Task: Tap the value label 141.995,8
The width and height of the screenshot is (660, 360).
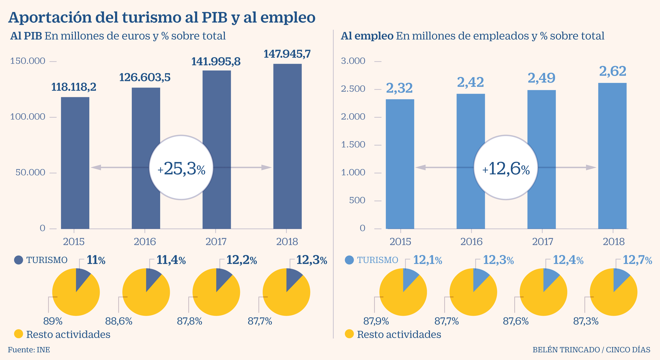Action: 216,62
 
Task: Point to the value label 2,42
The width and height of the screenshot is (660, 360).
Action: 470,82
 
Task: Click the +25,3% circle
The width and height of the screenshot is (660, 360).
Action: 181,167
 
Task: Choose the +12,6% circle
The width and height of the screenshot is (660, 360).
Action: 506,167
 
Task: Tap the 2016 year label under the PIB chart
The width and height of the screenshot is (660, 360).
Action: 145,242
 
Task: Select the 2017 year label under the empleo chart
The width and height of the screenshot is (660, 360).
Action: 542,242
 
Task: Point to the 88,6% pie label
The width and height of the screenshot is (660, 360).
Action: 119,321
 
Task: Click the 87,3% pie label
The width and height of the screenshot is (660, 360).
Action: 586,321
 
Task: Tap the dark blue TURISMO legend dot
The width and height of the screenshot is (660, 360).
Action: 18,260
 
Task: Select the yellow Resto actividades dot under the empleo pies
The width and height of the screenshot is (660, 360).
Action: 349,334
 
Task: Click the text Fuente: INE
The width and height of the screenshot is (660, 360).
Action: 29,350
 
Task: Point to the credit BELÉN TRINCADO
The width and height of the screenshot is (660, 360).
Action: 566,350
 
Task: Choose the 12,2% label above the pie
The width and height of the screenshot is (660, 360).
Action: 241,260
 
